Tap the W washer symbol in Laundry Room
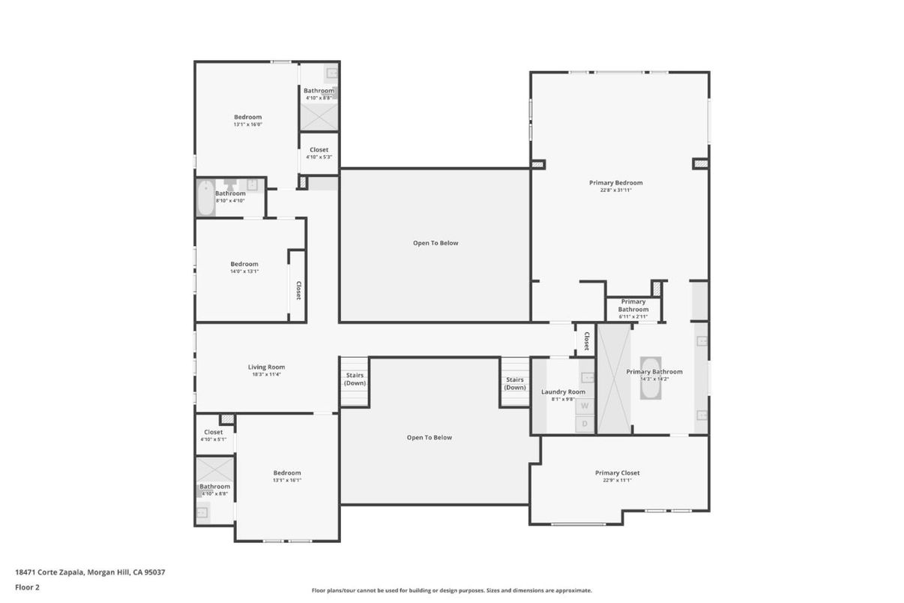(585, 406)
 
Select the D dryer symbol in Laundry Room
(585, 424)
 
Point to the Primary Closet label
(617, 473)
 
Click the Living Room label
(266, 367)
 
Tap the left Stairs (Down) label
(355, 379)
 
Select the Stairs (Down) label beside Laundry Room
(514, 383)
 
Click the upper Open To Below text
(435, 243)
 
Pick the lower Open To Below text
(429, 437)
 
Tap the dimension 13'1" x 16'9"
(247, 124)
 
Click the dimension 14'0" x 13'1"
(244, 271)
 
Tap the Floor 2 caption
(27, 587)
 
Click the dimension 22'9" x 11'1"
(617, 480)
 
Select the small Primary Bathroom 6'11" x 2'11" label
(633, 306)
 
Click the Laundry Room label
(563, 391)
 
